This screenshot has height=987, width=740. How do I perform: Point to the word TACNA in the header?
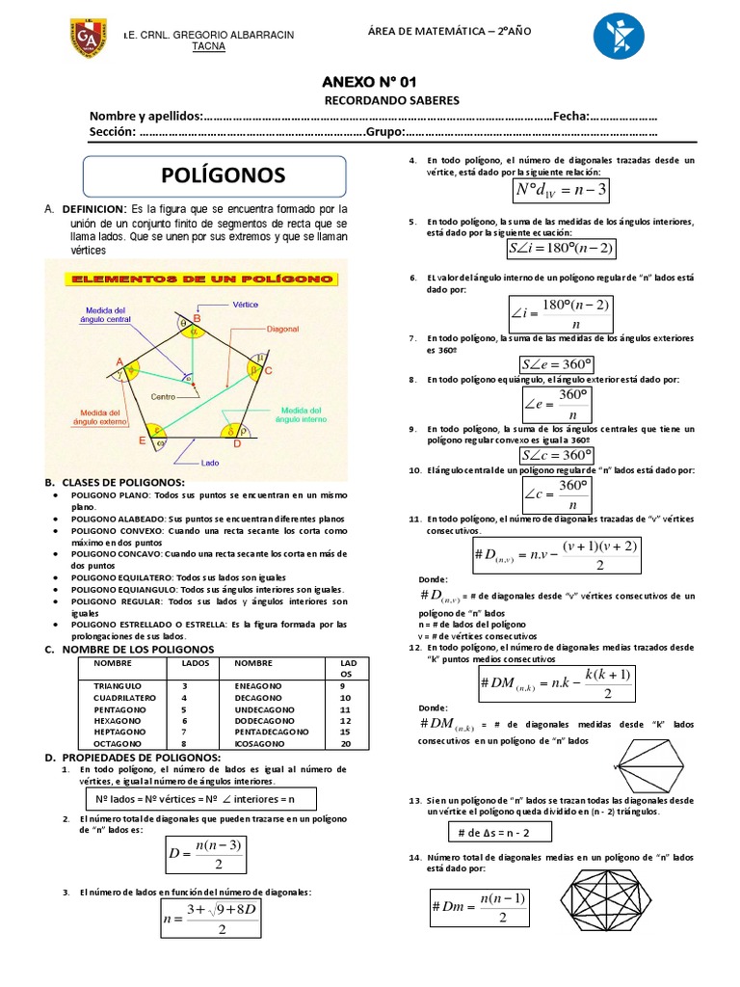tap(209, 46)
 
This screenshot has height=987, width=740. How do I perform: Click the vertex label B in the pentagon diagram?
tap(198, 318)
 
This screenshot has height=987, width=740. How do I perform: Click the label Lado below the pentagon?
tap(210, 463)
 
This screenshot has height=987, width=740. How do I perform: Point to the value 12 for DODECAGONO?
tap(346, 720)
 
